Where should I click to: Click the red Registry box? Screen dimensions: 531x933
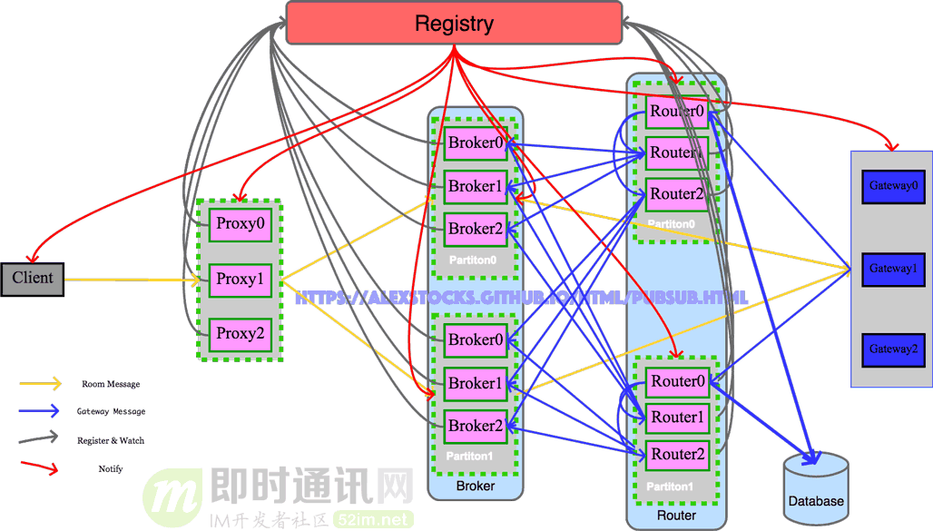point(454,23)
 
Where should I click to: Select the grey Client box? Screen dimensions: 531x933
point(33,279)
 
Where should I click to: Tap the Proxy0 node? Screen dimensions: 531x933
point(241,223)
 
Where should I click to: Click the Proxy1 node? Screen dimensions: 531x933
point(241,280)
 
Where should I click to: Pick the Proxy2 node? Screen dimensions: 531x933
point(241,334)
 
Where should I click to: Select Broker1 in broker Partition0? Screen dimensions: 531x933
point(475,187)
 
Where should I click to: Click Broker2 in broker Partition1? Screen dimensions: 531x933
point(475,426)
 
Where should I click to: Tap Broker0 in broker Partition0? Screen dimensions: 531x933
point(475,143)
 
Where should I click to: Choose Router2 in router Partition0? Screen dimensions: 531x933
point(676,194)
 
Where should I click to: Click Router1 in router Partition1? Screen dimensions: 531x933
point(677,418)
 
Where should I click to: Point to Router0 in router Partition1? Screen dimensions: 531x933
point(677,382)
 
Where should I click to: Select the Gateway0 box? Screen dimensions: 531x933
point(893,186)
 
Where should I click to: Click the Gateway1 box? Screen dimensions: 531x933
point(893,269)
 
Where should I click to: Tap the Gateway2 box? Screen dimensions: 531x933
point(893,349)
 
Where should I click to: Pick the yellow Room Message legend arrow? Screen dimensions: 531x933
point(40,384)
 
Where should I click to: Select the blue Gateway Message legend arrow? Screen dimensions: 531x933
point(40,411)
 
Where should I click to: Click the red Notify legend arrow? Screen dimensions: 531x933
point(40,468)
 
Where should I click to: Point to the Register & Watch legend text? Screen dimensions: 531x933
point(111,440)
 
